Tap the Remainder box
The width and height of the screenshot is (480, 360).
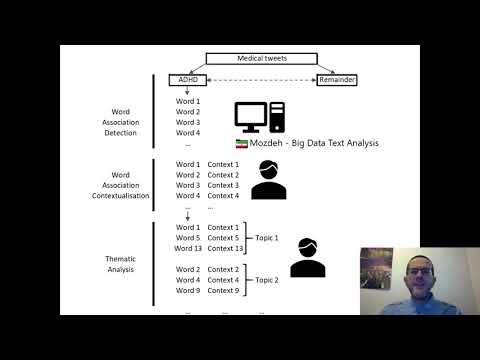[x=336, y=79]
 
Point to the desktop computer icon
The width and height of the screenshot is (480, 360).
[x=259, y=118]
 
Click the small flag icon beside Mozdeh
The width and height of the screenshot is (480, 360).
[x=240, y=144]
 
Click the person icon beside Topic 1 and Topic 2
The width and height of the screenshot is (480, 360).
[x=307, y=257]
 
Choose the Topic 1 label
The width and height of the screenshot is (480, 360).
[x=265, y=239]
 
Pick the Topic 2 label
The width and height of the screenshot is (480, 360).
[x=265, y=280]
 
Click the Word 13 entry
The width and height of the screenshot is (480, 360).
[x=188, y=249]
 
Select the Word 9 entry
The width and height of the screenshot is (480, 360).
[x=188, y=291]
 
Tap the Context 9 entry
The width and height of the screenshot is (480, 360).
[x=224, y=291]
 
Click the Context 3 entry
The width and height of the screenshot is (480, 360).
[x=224, y=185]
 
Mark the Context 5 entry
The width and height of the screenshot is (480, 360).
[x=224, y=238]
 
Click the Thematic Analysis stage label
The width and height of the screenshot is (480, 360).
[x=120, y=264]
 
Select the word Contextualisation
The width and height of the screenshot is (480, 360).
[x=120, y=196]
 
